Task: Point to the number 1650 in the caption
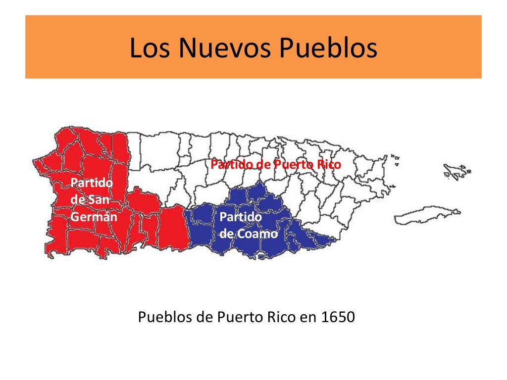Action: click(338, 317)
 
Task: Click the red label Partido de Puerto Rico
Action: click(276, 164)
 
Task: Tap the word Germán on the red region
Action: click(94, 217)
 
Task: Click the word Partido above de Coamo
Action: click(241, 217)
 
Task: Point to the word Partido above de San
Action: click(92, 183)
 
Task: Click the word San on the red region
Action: click(99, 200)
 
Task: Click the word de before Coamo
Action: click(226, 233)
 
